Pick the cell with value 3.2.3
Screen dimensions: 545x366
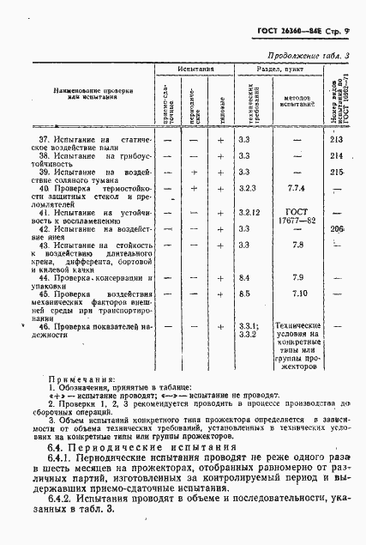coord(248,187)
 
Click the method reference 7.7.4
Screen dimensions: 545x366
coord(297,187)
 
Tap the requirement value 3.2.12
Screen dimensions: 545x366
coord(249,211)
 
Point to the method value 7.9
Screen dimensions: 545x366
coord(297,278)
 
